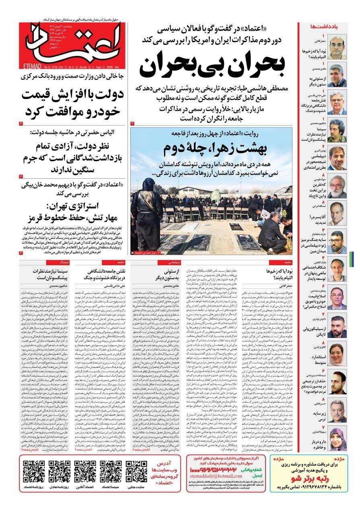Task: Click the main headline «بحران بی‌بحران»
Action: [214, 64]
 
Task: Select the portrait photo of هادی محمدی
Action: [337, 75]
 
